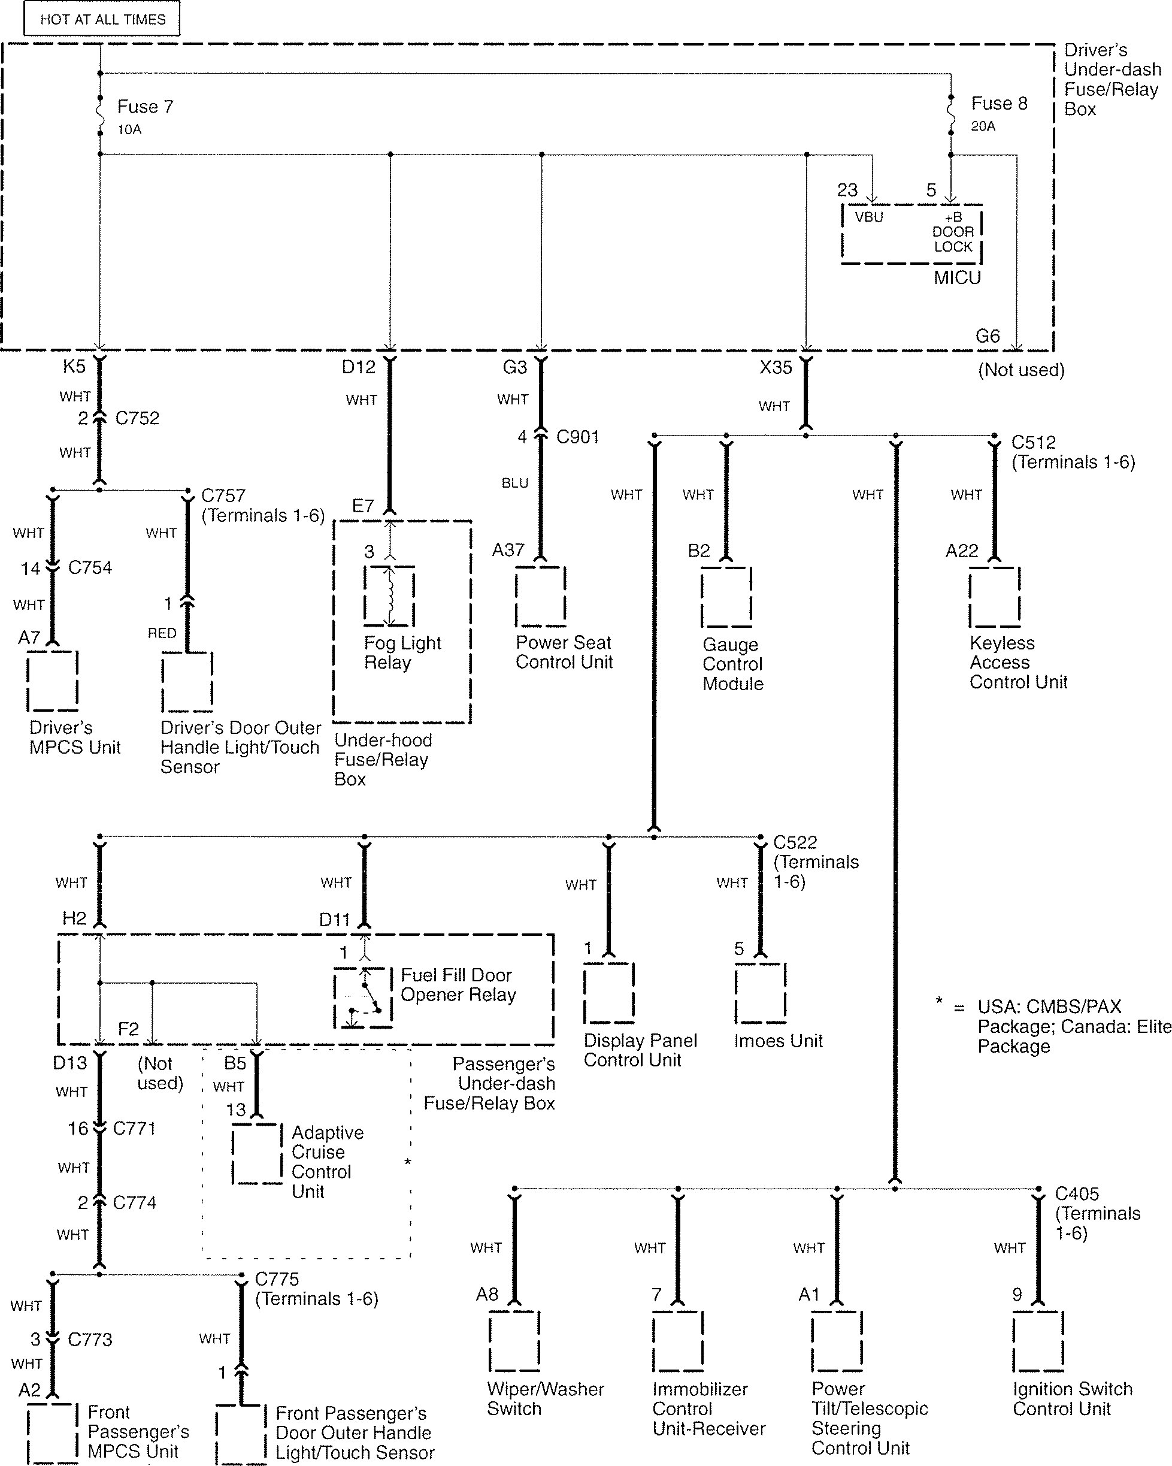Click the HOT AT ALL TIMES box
click(102, 19)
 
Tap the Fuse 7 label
click(145, 107)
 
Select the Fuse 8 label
click(999, 104)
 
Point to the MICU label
click(956, 277)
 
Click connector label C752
click(137, 418)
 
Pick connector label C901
click(577, 437)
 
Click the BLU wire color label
click(514, 483)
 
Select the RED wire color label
click(162, 633)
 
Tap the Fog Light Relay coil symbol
click(389, 596)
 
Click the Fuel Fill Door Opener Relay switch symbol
click(363, 998)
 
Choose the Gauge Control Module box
click(726, 596)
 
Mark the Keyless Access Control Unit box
click(994, 596)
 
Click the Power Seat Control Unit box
click(540, 596)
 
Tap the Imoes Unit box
click(760, 993)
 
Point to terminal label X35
click(776, 367)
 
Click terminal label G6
click(987, 336)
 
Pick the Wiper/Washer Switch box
click(514, 1341)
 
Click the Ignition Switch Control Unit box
click(1037, 1341)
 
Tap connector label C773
click(90, 1340)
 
